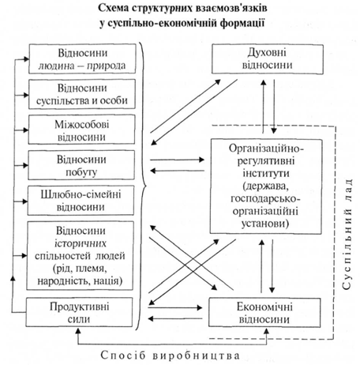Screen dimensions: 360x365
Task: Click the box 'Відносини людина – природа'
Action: point(82,58)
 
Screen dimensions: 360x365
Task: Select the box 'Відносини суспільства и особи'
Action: point(82,94)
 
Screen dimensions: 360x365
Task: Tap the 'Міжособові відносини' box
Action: point(81,130)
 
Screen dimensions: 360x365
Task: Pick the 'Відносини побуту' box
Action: point(81,165)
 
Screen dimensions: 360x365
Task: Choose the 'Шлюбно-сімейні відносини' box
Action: point(81,201)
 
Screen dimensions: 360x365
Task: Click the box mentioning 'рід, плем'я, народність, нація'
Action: point(81,256)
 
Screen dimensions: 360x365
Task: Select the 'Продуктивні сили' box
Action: point(79,312)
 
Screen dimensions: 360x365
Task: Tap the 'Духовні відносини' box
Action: point(268,59)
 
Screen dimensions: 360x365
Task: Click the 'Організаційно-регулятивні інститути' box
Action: point(266,186)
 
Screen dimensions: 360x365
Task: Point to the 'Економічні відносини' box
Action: point(264,313)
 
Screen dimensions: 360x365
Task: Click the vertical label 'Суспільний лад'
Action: point(347,235)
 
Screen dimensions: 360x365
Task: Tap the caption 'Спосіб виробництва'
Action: point(171,356)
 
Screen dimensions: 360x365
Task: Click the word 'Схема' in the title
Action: point(114,8)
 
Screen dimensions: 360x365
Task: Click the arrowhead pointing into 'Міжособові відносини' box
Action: point(25,130)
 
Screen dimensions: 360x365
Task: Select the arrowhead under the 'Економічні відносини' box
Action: point(267,331)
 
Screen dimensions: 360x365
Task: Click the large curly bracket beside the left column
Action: point(142,186)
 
